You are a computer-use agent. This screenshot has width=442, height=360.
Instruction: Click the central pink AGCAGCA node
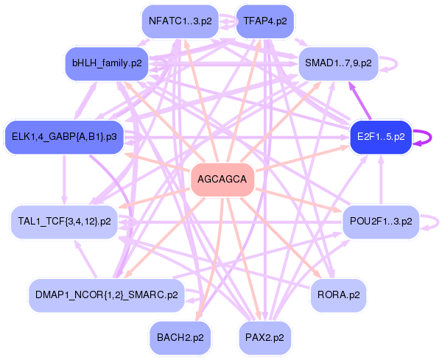(222, 180)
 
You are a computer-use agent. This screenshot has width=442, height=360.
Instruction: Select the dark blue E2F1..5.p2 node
(379, 137)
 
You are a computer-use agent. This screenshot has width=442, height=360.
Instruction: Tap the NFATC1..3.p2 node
(180, 21)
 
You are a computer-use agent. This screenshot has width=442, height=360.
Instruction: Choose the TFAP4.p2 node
(264, 21)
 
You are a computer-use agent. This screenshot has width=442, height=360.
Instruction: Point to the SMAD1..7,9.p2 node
(338, 63)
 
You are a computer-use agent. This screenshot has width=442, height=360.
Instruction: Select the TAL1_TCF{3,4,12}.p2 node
(64, 221)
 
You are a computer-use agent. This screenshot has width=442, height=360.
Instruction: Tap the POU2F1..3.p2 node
(380, 221)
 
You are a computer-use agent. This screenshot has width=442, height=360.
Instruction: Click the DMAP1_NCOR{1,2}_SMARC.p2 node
(106, 294)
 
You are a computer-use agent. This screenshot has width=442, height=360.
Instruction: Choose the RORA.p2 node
(338, 294)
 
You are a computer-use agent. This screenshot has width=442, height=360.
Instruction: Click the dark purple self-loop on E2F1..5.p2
(427, 137)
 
